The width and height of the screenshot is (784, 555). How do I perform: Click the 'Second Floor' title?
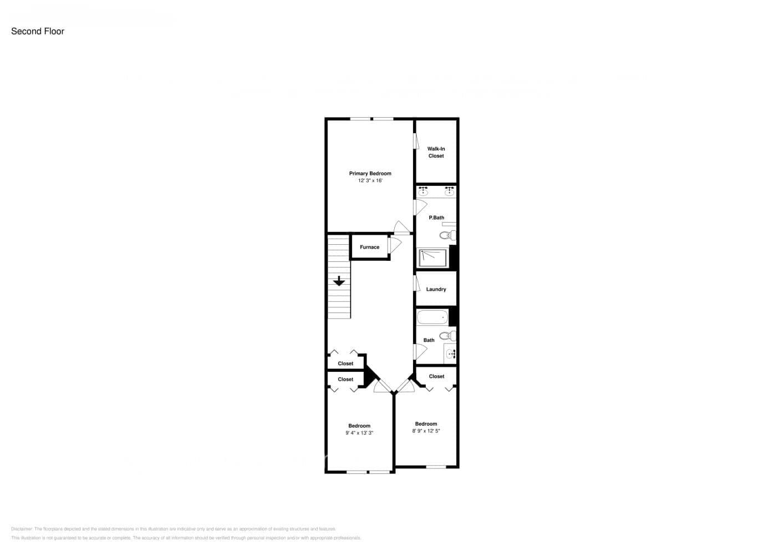click(x=38, y=32)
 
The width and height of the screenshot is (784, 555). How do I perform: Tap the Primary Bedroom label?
click(x=370, y=174)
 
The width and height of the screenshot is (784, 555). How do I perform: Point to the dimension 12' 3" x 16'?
click(x=370, y=181)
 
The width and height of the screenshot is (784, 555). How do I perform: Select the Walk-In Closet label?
click(x=436, y=153)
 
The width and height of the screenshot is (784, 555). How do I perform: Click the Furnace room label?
click(x=369, y=248)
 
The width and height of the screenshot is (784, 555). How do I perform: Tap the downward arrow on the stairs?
click(x=338, y=281)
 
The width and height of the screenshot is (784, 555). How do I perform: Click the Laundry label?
click(x=436, y=290)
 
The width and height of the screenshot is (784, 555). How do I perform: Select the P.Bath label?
click(x=436, y=218)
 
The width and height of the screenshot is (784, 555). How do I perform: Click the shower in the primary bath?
click(x=432, y=258)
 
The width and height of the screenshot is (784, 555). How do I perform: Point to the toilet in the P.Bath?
click(x=448, y=235)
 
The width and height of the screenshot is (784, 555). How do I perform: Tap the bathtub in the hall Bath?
click(x=432, y=317)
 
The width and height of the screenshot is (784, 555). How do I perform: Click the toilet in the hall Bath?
click(x=447, y=335)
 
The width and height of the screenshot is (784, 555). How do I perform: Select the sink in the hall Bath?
click(x=450, y=352)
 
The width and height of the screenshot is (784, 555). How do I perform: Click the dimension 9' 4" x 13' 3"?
click(x=359, y=433)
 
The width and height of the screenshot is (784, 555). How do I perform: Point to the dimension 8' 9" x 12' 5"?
click(x=426, y=431)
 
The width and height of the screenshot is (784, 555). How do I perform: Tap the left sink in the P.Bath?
click(x=423, y=192)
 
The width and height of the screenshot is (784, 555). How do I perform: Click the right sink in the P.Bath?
click(x=450, y=192)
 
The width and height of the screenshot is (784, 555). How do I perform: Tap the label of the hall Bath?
click(x=429, y=341)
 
